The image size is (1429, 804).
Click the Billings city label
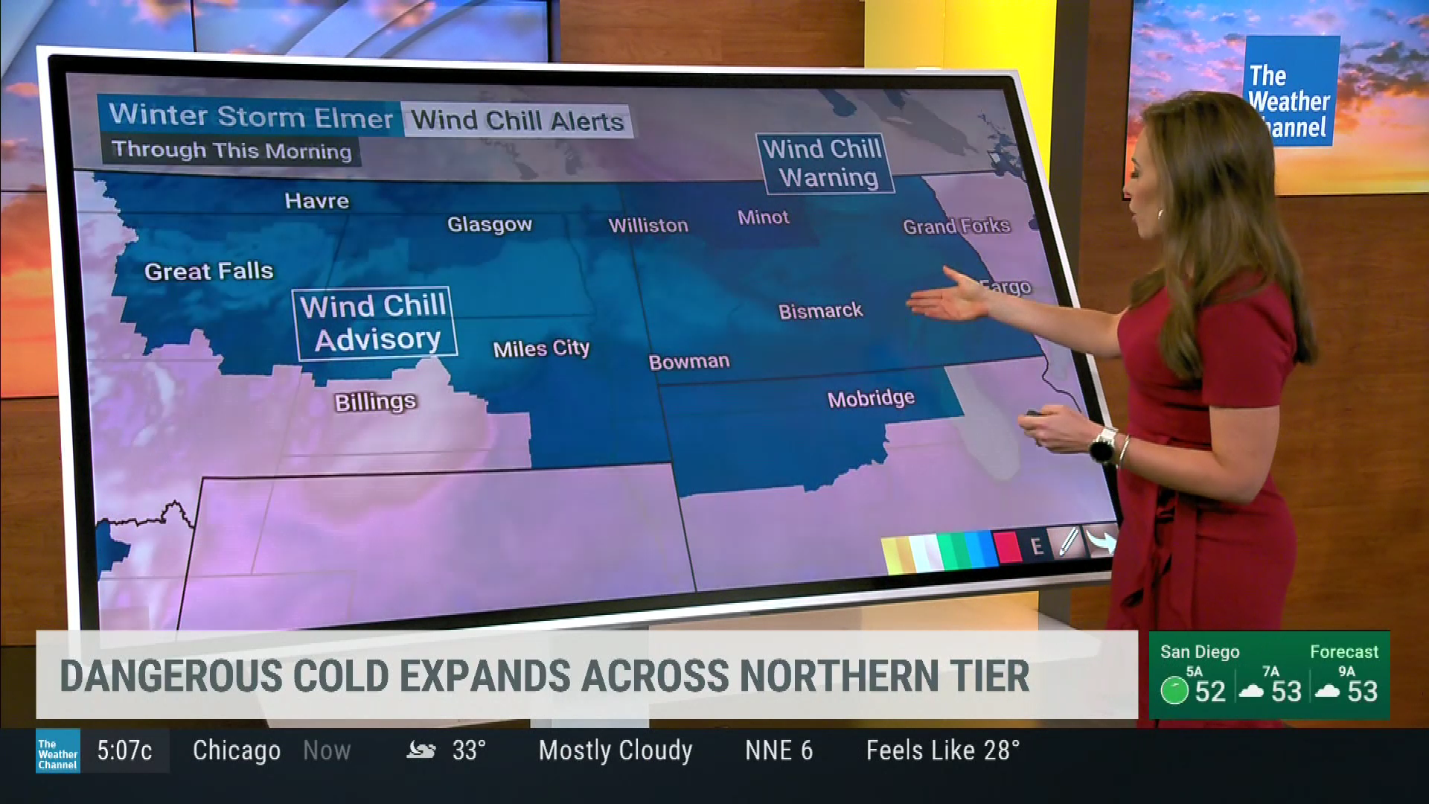375,402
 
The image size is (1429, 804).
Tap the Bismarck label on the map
820,310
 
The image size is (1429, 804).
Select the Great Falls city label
208,271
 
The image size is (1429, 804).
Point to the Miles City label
541,348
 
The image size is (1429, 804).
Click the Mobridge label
871,398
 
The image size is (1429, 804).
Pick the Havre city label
316,201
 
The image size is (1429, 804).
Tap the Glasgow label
490,224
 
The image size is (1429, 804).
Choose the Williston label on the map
648,225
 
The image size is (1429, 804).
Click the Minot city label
763,217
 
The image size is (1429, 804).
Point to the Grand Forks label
956,226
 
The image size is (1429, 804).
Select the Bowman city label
688,362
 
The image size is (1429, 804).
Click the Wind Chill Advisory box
374,323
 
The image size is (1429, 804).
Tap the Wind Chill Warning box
825,163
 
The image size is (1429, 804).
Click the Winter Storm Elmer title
251,116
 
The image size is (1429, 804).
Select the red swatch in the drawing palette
1006,547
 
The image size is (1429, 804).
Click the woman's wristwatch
1102,445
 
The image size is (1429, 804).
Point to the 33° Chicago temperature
469,750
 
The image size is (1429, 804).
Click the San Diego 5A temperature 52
1209,692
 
